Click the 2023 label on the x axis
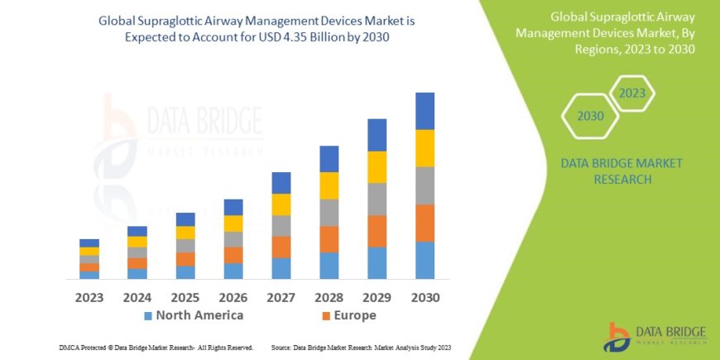tap(89, 296)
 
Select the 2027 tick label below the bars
tap(281, 296)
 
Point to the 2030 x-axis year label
tap(425, 296)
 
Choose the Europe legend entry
tap(348, 315)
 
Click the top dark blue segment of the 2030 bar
tap(425, 111)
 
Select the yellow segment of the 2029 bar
tap(377, 167)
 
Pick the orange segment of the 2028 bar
tap(329, 239)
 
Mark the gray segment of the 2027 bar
tap(281, 226)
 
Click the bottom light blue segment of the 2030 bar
tap(425, 260)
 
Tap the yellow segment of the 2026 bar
tap(233, 223)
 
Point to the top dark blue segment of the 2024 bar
tap(137, 231)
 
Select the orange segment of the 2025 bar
tap(185, 259)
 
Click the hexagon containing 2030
tap(590, 116)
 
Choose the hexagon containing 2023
tap(631, 93)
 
